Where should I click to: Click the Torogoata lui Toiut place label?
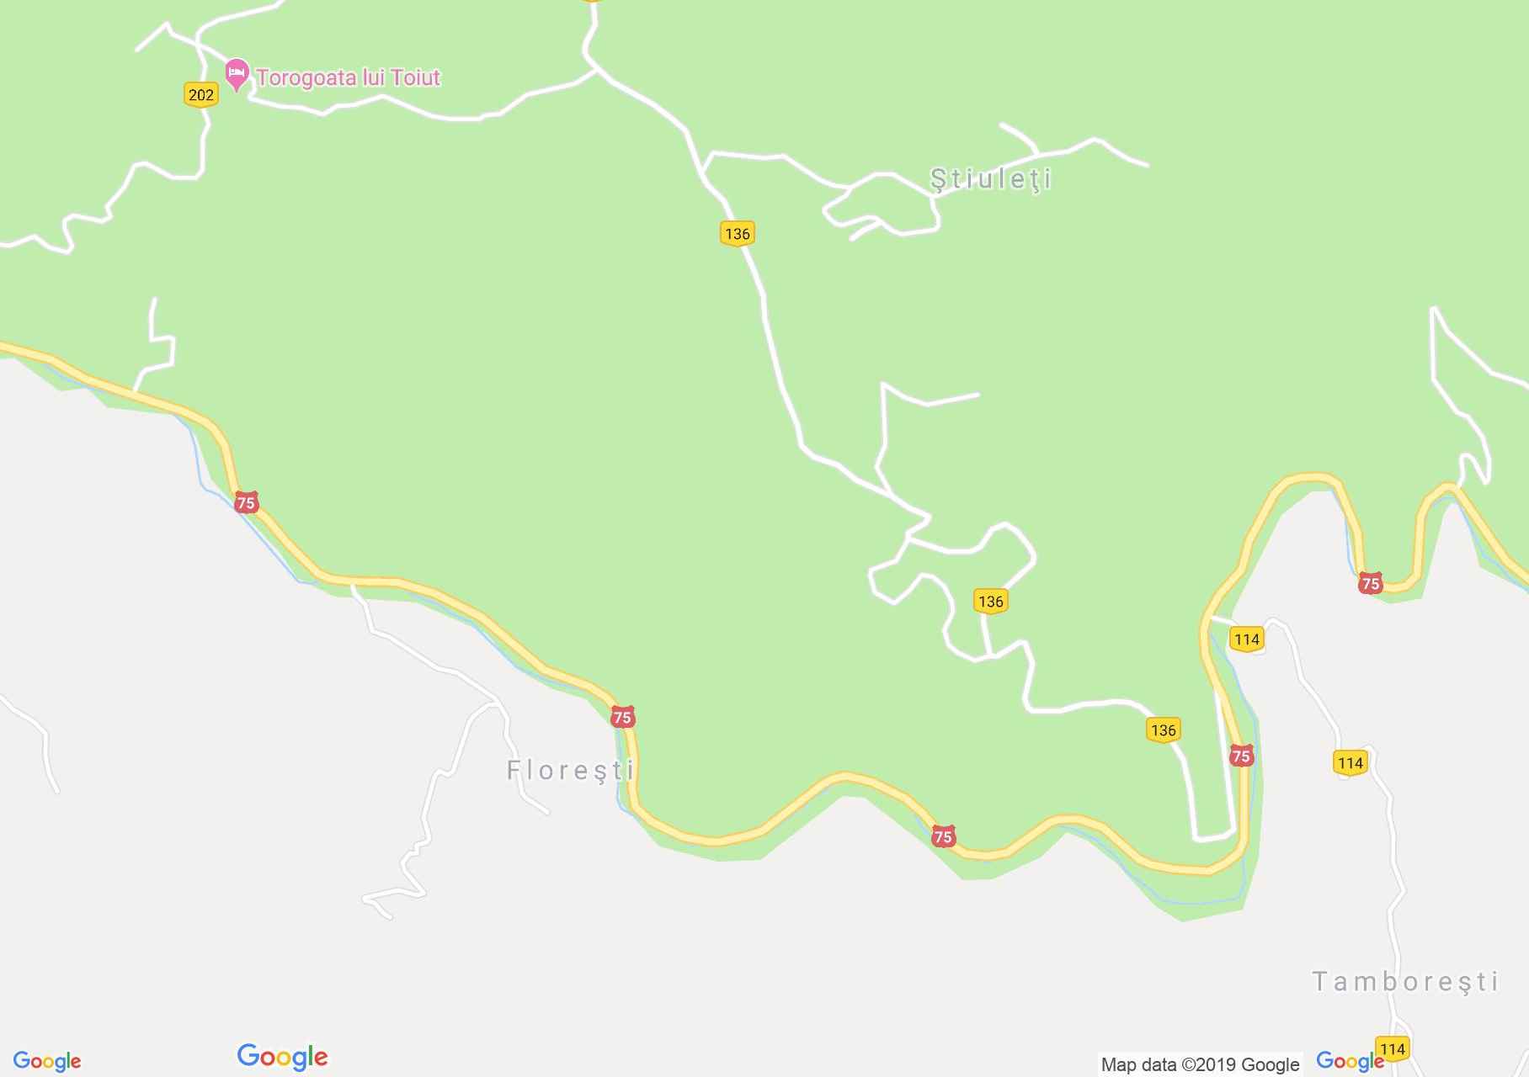[x=348, y=77]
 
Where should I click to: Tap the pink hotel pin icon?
[x=237, y=73]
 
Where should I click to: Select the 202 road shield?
[x=200, y=94]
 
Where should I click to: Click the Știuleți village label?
[x=991, y=179]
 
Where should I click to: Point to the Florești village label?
[x=570, y=770]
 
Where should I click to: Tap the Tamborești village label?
[x=1405, y=981]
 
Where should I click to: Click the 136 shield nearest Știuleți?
[x=737, y=233]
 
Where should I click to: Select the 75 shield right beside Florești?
[x=622, y=717]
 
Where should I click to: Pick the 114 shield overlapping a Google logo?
[x=1392, y=1048]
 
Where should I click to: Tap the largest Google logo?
[x=282, y=1057]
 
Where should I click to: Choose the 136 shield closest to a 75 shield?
[x=1163, y=729]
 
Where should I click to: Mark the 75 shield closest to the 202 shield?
[x=246, y=503]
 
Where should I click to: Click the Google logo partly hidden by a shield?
[x=1347, y=1061]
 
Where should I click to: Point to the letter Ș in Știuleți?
[x=937, y=179]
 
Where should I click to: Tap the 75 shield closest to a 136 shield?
[x=1240, y=755]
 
